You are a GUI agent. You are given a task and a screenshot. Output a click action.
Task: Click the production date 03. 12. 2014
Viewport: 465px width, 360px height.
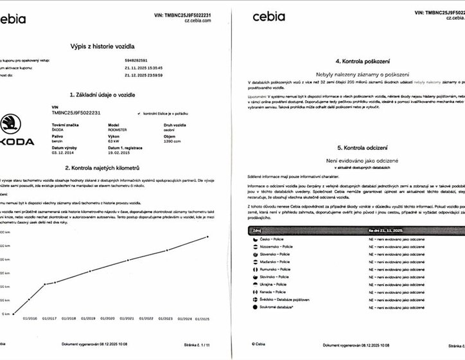point(62,154)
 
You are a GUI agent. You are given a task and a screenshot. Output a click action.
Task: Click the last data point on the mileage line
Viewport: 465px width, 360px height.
point(207,237)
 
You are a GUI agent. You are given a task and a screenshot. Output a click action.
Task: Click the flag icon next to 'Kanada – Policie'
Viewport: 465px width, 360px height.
point(255,291)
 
